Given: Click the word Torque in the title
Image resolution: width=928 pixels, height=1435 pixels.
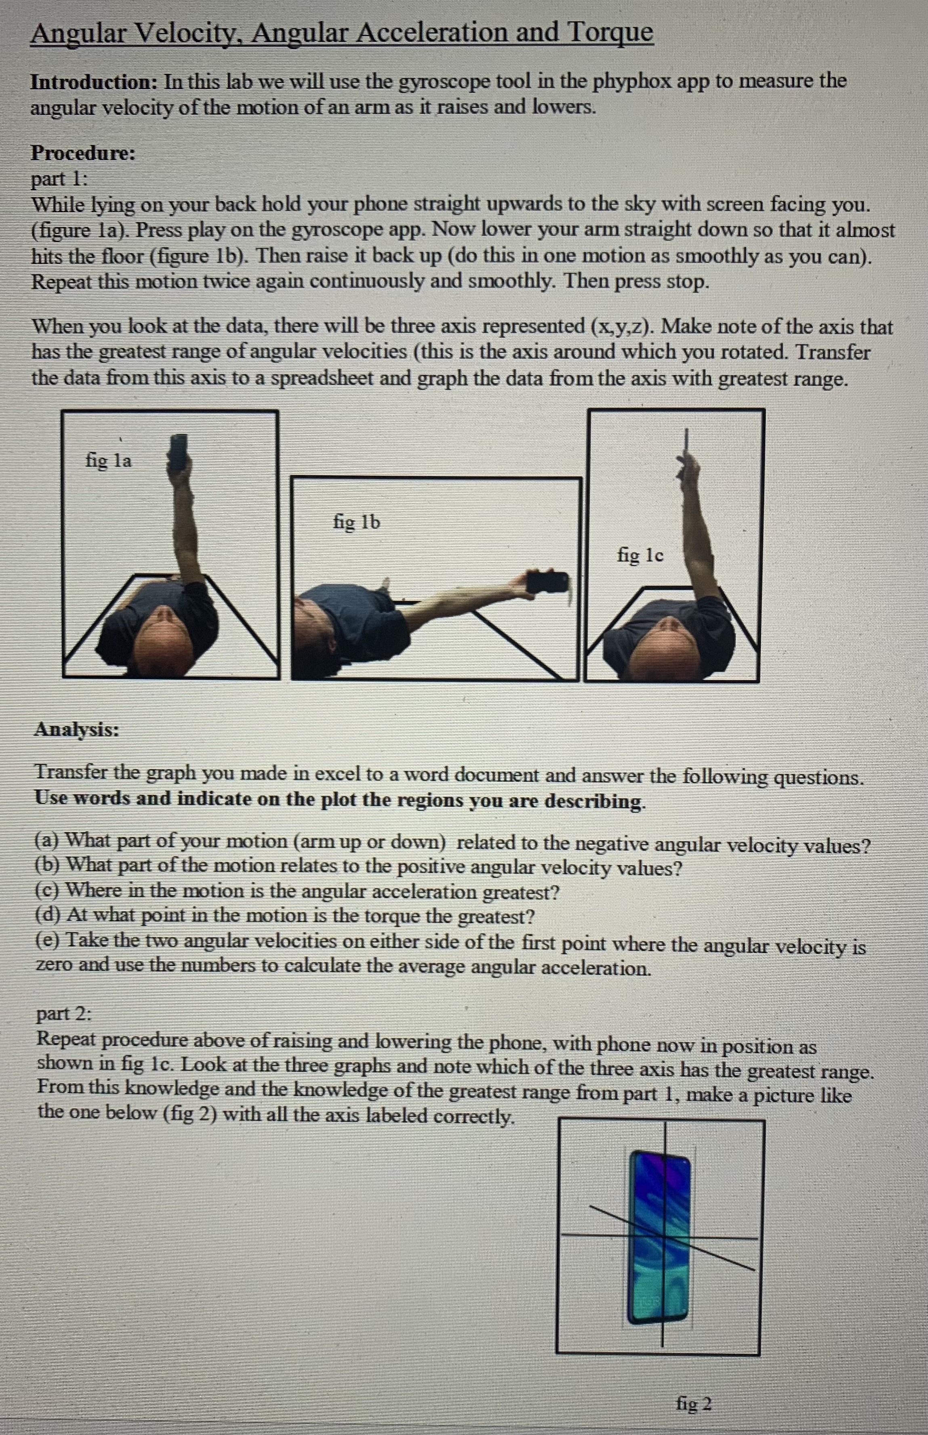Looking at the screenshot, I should (x=609, y=33).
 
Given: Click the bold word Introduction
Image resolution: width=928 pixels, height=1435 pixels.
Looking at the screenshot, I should (x=93, y=82).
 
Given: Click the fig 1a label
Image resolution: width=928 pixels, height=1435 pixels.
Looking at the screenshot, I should (x=108, y=461).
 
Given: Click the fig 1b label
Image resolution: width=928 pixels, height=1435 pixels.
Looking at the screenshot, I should (x=357, y=522).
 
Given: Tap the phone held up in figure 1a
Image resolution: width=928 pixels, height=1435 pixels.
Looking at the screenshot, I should (x=179, y=452).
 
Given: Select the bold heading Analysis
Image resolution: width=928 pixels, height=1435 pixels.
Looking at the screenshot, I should (x=76, y=729).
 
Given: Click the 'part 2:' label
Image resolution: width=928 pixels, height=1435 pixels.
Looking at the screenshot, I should (x=64, y=1014).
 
